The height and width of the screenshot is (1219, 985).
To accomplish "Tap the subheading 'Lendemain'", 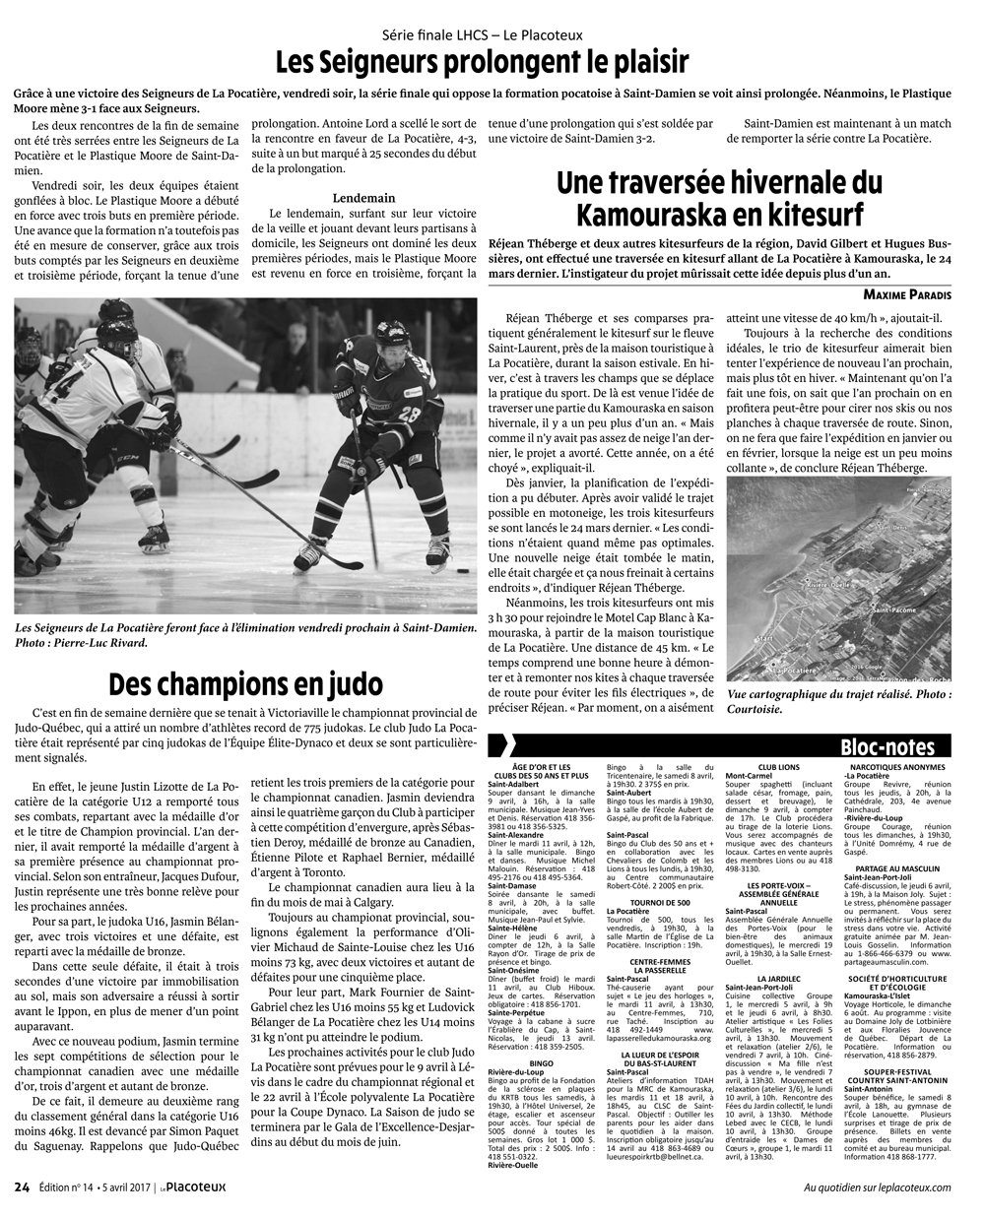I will tap(363, 197).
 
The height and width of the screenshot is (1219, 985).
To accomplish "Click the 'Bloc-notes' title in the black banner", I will tap(887, 746).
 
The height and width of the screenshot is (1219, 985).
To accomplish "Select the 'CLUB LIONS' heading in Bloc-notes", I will tap(778, 765).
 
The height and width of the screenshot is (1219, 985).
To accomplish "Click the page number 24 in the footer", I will tap(22, 1186).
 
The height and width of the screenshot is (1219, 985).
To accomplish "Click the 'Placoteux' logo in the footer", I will tap(195, 1186).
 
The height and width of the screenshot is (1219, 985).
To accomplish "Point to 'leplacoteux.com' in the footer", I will tap(910, 1187).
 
